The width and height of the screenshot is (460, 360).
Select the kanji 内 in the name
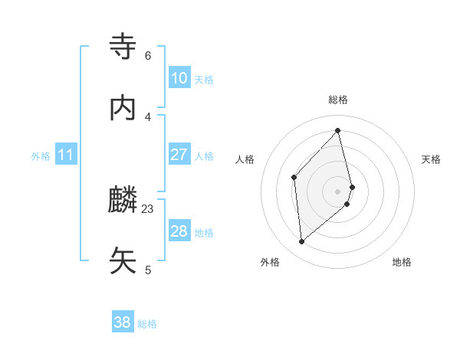click(123, 108)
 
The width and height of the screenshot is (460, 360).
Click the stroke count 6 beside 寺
click(148, 56)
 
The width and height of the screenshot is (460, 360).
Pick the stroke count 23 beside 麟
click(148, 208)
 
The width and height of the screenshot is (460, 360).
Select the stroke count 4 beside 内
click(148, 116)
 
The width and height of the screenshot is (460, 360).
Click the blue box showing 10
click(179, 78)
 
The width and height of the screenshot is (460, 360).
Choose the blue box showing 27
click(179, 155)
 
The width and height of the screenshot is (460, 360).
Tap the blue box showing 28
click(179, 231)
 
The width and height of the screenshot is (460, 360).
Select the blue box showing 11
click(66, 155)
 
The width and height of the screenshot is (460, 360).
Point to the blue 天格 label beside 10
click(204, 80)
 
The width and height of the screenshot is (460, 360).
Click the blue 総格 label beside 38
click(147, 324)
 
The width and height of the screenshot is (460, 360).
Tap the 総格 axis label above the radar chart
click(338, 100)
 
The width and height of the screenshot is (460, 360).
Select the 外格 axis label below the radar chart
click(270, 262)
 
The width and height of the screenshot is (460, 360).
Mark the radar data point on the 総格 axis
click(338, 130)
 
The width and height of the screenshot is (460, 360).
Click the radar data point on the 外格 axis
click(302, 242)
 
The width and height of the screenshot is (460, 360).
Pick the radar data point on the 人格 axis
click(294, 177)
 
